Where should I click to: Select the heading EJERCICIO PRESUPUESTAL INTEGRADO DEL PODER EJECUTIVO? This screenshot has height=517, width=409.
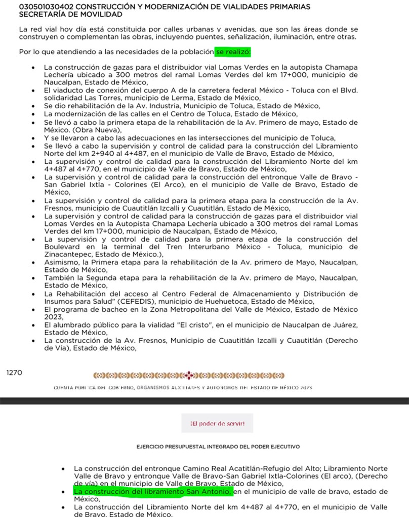click(x=218, y=447)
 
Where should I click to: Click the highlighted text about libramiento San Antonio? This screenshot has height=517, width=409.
click(x=153, y=491)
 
